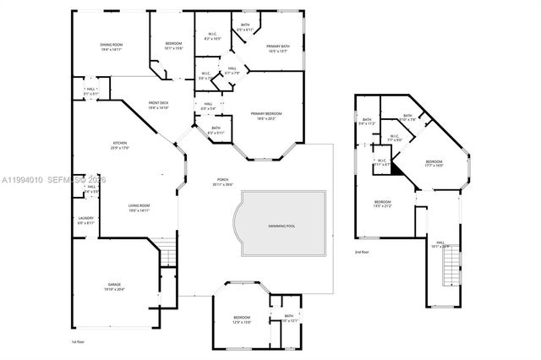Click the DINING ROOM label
[111, 45]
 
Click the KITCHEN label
[120, 143]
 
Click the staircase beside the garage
[168, 252]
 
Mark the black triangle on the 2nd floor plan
[378, 167]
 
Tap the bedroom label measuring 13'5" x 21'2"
[382, 202]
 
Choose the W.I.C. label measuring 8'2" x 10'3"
[213, 35]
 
